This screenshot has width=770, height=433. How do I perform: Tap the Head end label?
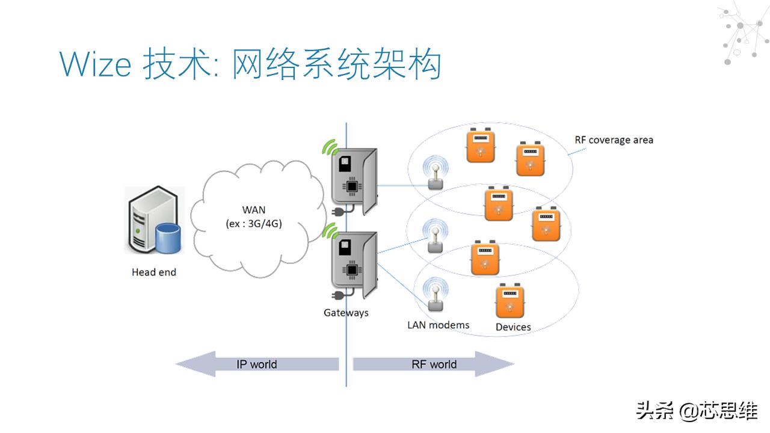[154, 272]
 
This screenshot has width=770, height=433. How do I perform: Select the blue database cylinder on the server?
[168, 238]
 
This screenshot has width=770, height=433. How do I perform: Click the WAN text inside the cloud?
[253, 210]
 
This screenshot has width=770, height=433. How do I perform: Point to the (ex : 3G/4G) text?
[253, 224]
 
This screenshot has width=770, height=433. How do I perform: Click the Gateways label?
[346, 313]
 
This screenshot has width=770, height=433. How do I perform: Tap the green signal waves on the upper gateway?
[329, 147]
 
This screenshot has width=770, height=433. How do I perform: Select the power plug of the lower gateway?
[337, 295]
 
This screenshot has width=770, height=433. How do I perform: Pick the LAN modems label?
[438, 325]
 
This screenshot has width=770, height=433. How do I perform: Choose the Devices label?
[513, 327]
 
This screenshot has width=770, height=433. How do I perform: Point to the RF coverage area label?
[614, 140]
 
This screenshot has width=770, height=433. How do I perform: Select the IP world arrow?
[256, 364]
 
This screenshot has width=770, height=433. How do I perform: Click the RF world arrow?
[434, 364]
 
